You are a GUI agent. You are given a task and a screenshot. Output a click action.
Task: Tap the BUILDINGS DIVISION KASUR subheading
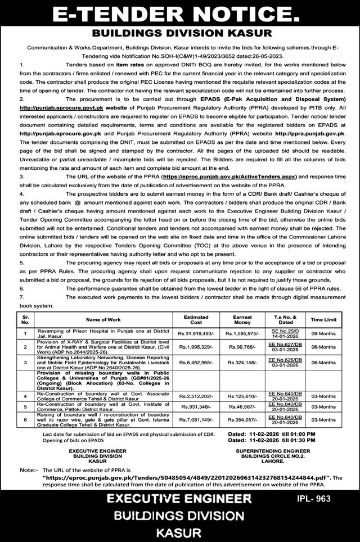[179, 33]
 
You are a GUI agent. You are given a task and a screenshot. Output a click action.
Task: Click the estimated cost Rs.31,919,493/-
[196, 334]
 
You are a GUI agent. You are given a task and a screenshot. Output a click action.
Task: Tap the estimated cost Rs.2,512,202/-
[196, 396]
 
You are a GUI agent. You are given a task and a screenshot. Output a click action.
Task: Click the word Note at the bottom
[26, 469]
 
